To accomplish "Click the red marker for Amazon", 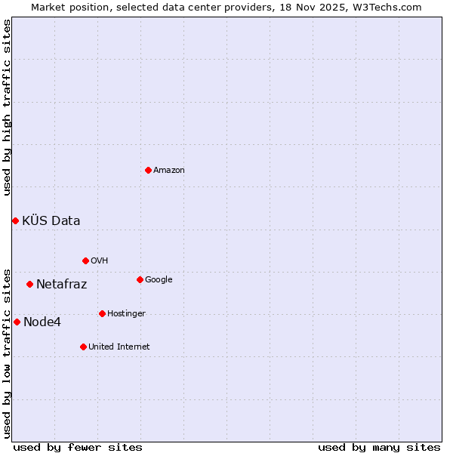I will point(148,170).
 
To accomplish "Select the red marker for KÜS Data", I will point(15,220).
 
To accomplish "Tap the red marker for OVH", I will point(85,260).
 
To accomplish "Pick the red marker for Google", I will point(140,279).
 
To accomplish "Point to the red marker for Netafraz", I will point(29,284).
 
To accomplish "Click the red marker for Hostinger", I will point(102,313).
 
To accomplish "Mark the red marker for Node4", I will point(17,322).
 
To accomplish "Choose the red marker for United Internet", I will point(83,347).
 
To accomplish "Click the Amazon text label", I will point(169,171).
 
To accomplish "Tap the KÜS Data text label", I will point(51,221).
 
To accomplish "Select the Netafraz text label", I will point(61,285).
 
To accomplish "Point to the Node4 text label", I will point(42,322).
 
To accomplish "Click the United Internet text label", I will point(119,347).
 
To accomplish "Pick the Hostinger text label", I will point(126,314).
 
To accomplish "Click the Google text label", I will point(159,280).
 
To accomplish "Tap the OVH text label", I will point(100,261).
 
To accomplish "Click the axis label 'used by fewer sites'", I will point(78,448).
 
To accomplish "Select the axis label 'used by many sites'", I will point(379,448).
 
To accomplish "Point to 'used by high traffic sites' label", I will point(7,107).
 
